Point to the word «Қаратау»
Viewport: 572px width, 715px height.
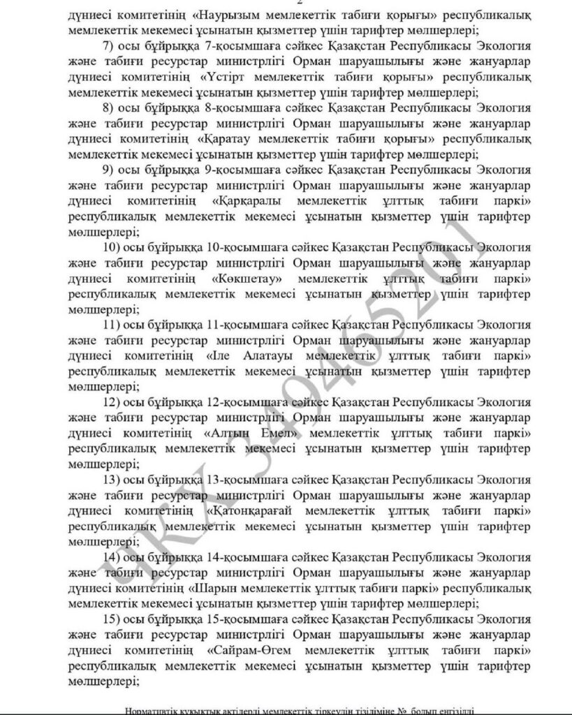(x=228, y=139)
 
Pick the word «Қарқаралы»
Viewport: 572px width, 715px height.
(x=244, y=201)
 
